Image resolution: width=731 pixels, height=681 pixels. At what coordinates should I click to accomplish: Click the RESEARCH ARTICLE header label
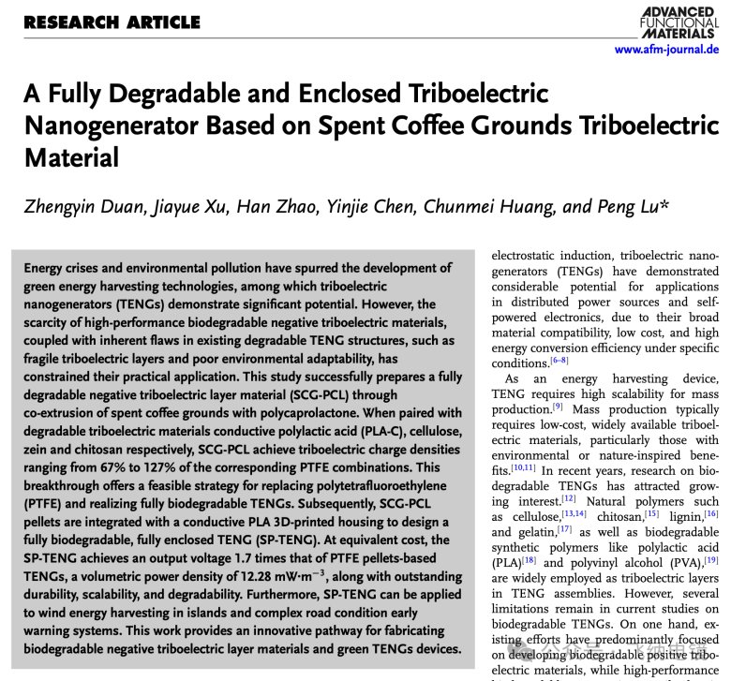click(x=112, y=22)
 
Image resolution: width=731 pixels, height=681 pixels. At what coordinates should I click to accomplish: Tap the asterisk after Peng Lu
click(x=664, y=203)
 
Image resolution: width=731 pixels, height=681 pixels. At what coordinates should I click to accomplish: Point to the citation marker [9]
click(x=558, y=407)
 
